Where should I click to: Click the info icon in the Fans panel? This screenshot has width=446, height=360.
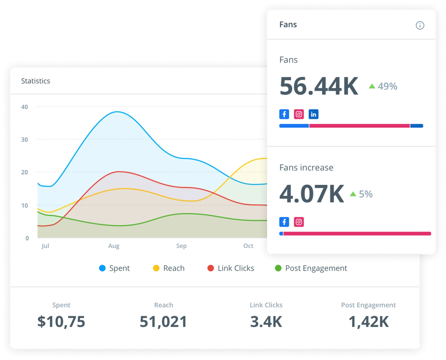pos(420,25)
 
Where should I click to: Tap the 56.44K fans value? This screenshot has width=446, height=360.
pos(319,86)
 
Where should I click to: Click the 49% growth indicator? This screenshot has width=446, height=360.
pos(383,86)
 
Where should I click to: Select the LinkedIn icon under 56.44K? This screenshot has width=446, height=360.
pos(314,114)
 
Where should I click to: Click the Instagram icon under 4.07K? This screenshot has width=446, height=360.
pos(299,222)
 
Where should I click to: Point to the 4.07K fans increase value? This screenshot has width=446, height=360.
pos(312,194)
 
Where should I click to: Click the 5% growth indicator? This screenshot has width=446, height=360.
pos(361,194)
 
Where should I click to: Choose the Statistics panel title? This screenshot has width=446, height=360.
pos(36,81)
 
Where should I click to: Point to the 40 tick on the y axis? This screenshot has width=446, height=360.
pos(25,107)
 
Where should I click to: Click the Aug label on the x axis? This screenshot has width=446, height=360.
pos(114,246)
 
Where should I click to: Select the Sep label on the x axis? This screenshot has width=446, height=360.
pos(182,246)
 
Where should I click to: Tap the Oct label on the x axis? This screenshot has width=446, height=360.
pos(248,246)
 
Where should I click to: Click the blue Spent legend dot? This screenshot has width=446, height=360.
pos(103,268)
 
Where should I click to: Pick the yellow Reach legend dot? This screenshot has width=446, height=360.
pos(156,268)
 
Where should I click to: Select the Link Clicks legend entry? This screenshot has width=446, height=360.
pos(231,268)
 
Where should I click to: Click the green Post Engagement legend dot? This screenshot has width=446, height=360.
pos(278,268)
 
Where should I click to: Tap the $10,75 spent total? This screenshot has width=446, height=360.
pos(61,322)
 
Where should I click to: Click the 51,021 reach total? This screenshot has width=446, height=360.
pos(163,322)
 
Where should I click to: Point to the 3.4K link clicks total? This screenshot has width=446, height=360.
pos(266,322)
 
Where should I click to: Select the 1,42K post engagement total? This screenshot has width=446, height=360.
pos(368,322)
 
